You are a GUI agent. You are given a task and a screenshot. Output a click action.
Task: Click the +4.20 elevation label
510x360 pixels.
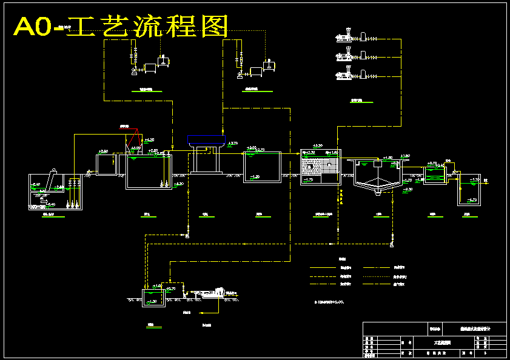(149, 139)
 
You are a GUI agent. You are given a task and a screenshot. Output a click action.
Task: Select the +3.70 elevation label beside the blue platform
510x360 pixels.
(233, 143)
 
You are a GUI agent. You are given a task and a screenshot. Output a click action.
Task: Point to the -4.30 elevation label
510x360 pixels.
(178, 184)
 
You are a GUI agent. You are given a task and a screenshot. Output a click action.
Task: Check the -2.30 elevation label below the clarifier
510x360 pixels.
(407, 190)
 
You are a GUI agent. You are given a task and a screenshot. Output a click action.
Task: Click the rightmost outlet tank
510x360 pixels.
(468, 190)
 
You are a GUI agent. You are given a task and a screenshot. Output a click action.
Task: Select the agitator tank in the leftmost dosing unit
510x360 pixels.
(163, 62)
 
